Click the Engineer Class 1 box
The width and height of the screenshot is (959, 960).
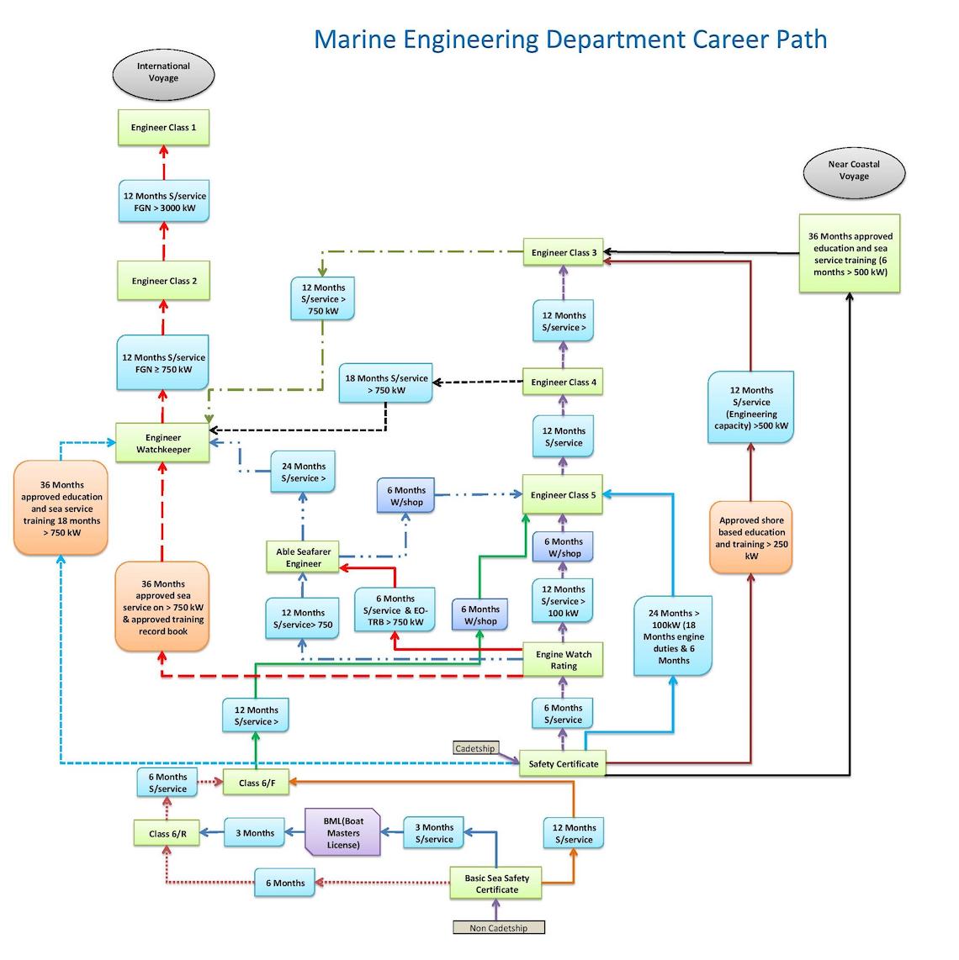(163, 128)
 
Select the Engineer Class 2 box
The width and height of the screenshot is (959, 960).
(163, 281)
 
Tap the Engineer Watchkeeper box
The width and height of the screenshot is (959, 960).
(163, 443)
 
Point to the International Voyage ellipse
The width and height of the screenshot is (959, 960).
(163, 72)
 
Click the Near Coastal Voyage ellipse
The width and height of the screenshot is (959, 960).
(853, 171)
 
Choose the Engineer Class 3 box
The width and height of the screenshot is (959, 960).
(564, 252)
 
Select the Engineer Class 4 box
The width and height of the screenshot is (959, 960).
(563, 382)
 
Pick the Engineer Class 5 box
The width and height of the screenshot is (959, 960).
(563, 495)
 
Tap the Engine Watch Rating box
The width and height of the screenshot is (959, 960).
(563, 660)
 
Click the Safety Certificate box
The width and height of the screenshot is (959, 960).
(563, 764)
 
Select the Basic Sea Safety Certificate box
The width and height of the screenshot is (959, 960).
(496, 884)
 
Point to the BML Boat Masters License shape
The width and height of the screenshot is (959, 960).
(342, 833)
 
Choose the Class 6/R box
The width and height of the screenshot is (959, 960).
(167, 834)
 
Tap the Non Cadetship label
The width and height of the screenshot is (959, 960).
(498, 928)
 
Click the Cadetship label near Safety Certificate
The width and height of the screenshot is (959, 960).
(474, 748)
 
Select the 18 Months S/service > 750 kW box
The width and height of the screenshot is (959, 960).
(386, 384)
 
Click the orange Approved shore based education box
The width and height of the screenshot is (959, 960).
(750, 538)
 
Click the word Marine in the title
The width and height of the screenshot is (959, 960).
(355, 40)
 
